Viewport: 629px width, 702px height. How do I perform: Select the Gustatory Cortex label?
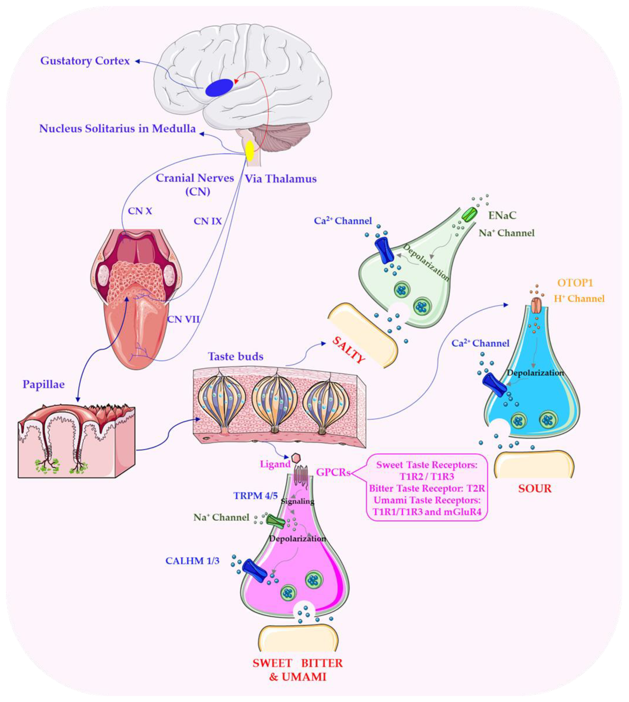[x=85, y=61]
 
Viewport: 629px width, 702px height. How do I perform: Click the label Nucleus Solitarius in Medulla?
[x=117, y=129]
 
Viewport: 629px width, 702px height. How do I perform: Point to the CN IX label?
[x=207, y=221]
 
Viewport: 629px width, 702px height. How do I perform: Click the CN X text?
[x=140, y=211]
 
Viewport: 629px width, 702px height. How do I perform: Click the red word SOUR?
[x=535, y=488]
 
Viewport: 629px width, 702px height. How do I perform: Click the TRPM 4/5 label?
[x=255, y=496]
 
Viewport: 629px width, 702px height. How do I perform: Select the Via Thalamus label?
[x=281, y=179]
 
